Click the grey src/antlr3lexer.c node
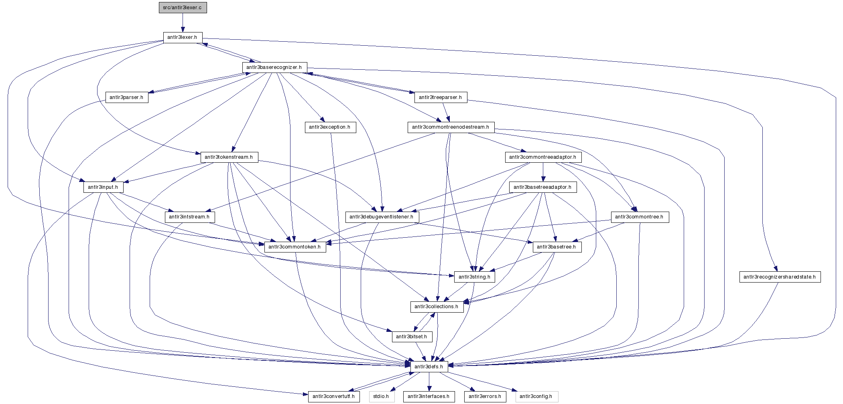(x=183, y=8)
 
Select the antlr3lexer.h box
(x=183, y=37)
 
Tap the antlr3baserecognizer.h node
(x=274, y=67)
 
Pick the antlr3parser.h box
(x=126, y=97)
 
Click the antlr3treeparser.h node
(x=440, y=97)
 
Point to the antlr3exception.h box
(x=330, y=127)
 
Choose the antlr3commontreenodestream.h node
(x=451, y=127)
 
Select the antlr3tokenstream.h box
(x=229, y=157)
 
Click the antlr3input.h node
(x=103, y=187)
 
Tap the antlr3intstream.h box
(x=189, y=217)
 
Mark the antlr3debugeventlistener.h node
(x=382, y=217)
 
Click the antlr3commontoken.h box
(x=295, y=247)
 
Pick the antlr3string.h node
(x=474, y=277)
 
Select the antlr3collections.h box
(x=437, y=307)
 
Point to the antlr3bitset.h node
(x=412, y=337)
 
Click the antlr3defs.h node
(x=429, y=367)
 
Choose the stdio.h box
(x=381, y=396)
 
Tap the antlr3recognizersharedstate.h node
(x=780, y=277)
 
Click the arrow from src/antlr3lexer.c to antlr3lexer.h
(x=183, y=22)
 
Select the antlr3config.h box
(x=536, y=396)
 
